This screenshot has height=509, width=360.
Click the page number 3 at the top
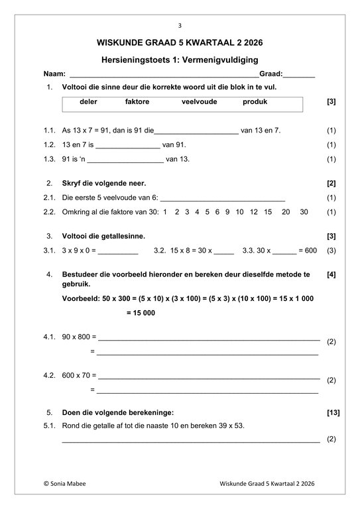tap(180, 26)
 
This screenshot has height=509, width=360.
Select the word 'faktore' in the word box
tap(137, 102)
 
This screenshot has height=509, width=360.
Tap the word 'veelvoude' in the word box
tap(199, 102)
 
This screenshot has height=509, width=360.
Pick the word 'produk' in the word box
tap(255, 102)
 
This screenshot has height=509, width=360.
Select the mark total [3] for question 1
tap(331, 102)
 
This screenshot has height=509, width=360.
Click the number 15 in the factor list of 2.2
tap(268, 212)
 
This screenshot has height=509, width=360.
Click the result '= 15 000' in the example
tap(141, 313)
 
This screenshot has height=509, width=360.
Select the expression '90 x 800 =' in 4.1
tap(79, 337)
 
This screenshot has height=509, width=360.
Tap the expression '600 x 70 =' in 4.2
tap(79, 376)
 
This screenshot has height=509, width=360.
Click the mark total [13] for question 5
tap(333, 412)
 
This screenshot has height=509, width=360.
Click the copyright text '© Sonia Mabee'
tap(64, 484)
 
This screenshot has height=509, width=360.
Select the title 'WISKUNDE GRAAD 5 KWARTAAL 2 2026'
tap(180, 43)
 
